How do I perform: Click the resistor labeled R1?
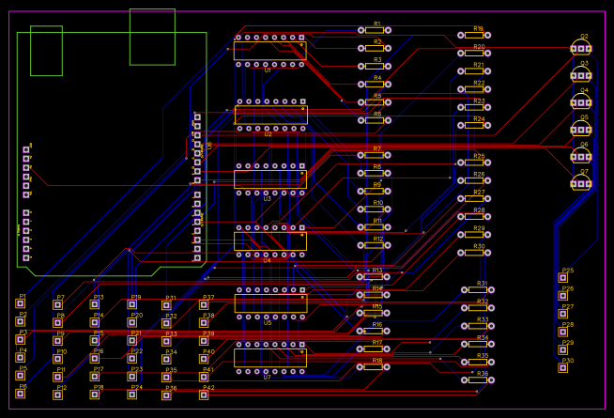click(x=374, y=31)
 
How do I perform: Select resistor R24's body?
click(x=474, y=126)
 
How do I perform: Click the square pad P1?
click(x=21, y=303)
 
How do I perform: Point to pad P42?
click(x=204, y=395)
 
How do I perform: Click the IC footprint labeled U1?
click(x=269, y=51)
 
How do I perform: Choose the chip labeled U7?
click(x=269, y=358)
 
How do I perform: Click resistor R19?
click(x=474, y=36)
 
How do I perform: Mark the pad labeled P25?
click(x=564, y=277)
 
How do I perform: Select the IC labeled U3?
click(x=269, y=179)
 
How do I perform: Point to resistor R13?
click(x=374, y=277)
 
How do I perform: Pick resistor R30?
click(x=474, y=253)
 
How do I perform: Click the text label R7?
click(x=376, y=148)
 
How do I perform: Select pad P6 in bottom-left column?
click(x=21, y=394)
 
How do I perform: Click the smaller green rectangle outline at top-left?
click(x=46, y=51)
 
